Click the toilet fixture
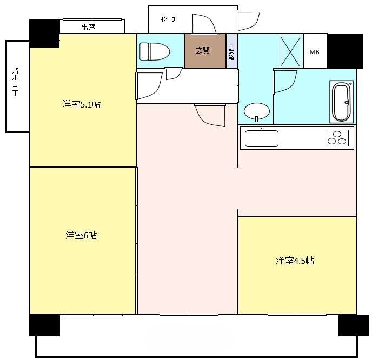click(155, 51)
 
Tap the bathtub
click(342, 102)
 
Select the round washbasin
click(257, 111)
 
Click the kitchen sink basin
click(262, 138)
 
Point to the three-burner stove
click(337, 138)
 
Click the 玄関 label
click(203, 50)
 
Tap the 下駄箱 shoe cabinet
click(231, 51)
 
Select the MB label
click(314, 52)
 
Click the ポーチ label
click(168, 19)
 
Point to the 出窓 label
click(88, 27)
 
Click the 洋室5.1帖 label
click(81, 104)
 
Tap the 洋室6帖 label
click(81, 235)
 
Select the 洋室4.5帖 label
click(295, 261)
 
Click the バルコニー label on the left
click(16, 82)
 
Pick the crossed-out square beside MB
click(290, 51)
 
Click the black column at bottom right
click(354, 325)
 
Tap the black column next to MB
click(345, 51)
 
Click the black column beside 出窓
click(44, 34)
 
